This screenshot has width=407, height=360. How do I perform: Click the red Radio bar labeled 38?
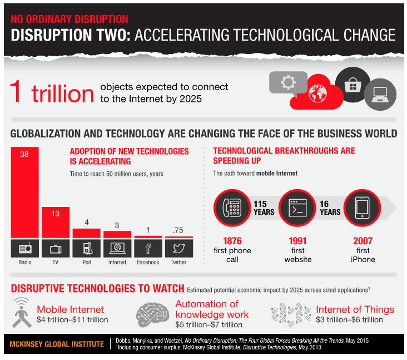24,192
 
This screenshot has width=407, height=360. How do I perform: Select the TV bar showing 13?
56,223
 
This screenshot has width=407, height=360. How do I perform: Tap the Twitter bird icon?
178,248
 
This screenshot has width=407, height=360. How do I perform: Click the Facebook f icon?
148,248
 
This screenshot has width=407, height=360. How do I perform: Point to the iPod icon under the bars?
86,248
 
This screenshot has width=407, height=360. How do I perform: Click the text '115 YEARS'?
265,208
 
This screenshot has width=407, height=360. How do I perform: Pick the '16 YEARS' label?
329,208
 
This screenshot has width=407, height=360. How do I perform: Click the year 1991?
297,241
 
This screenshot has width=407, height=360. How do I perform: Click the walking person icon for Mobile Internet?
22,313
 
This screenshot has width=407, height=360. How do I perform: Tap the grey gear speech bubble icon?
287,83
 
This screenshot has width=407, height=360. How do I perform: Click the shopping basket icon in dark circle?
352,85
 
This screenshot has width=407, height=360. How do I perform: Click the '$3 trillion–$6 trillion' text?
349,319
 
